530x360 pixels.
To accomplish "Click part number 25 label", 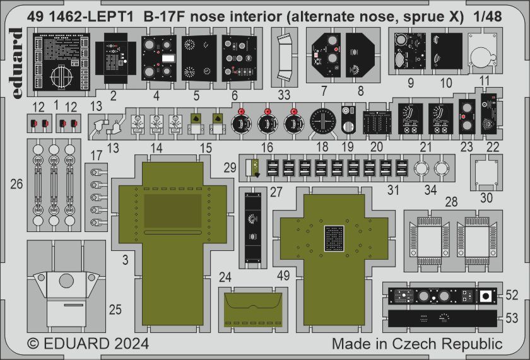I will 115,310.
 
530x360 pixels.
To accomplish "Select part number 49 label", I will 283,275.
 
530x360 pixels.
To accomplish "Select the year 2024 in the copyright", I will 129,344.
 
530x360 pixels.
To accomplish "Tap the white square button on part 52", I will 485,296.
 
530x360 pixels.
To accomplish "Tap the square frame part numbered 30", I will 485,173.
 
